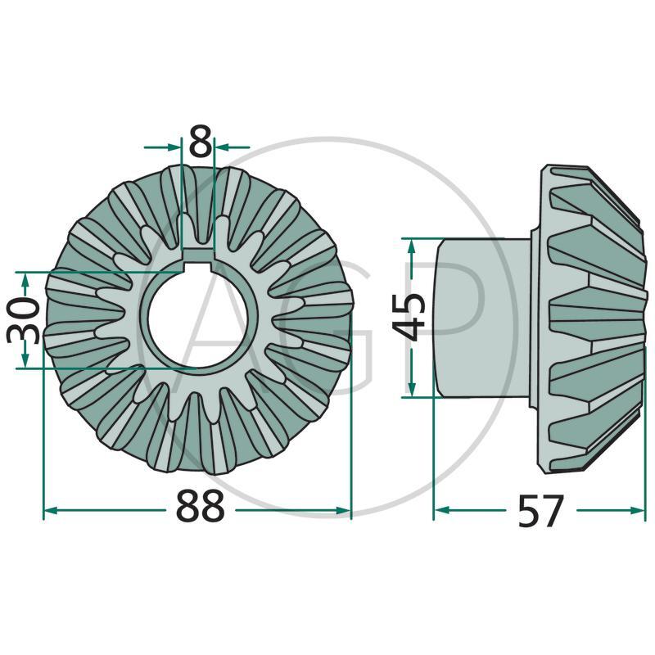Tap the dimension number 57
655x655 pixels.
point(541,512)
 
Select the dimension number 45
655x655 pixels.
point(409,317)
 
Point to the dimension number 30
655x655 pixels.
point(22,320)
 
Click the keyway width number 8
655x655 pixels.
point(198,142)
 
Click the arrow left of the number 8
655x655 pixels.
point(174,147)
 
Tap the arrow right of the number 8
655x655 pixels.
point(221,147)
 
